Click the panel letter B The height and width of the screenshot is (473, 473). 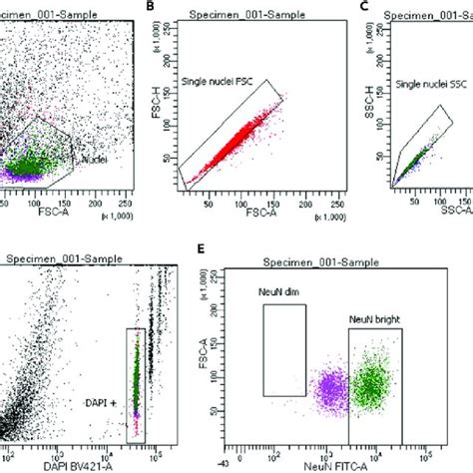(x=151, y=7)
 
